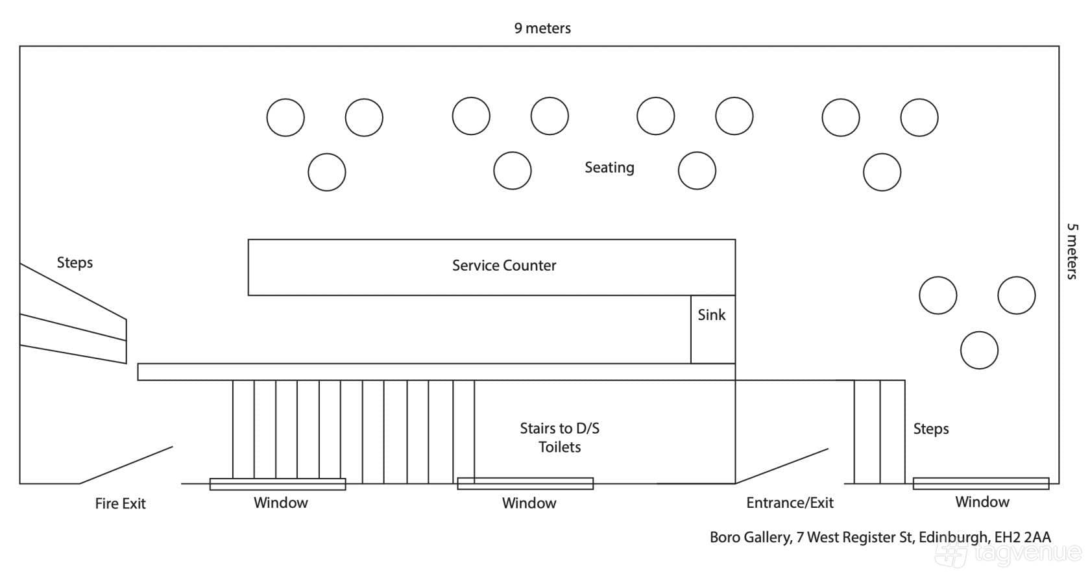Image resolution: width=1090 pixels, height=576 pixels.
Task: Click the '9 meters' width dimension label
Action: (542, 28)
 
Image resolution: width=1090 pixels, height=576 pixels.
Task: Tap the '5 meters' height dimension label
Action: (1072, 251)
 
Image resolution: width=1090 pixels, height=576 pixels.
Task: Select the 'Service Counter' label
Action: (504, 266)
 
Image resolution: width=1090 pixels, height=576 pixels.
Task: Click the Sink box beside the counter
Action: (713, 329)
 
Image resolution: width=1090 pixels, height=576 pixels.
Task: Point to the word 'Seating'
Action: (610, 168)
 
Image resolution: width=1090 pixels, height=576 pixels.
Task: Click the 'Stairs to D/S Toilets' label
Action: (559, 437)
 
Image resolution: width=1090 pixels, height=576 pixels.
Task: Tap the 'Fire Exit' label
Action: (120, 503)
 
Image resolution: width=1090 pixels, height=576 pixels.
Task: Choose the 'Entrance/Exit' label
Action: (790, 503)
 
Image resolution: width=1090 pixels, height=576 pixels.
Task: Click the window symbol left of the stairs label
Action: (526, 484)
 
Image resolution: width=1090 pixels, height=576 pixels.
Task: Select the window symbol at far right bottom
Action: (981, 484)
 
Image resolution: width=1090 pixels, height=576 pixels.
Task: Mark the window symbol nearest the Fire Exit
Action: (278, 484)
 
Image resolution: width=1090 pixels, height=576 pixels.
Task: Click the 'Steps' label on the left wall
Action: (75, 262)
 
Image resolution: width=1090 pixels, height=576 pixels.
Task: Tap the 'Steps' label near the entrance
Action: (931, 429)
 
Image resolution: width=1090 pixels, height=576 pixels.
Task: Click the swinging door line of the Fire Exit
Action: (126, 465)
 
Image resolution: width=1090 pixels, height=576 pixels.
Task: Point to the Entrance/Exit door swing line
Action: (781, 466)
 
